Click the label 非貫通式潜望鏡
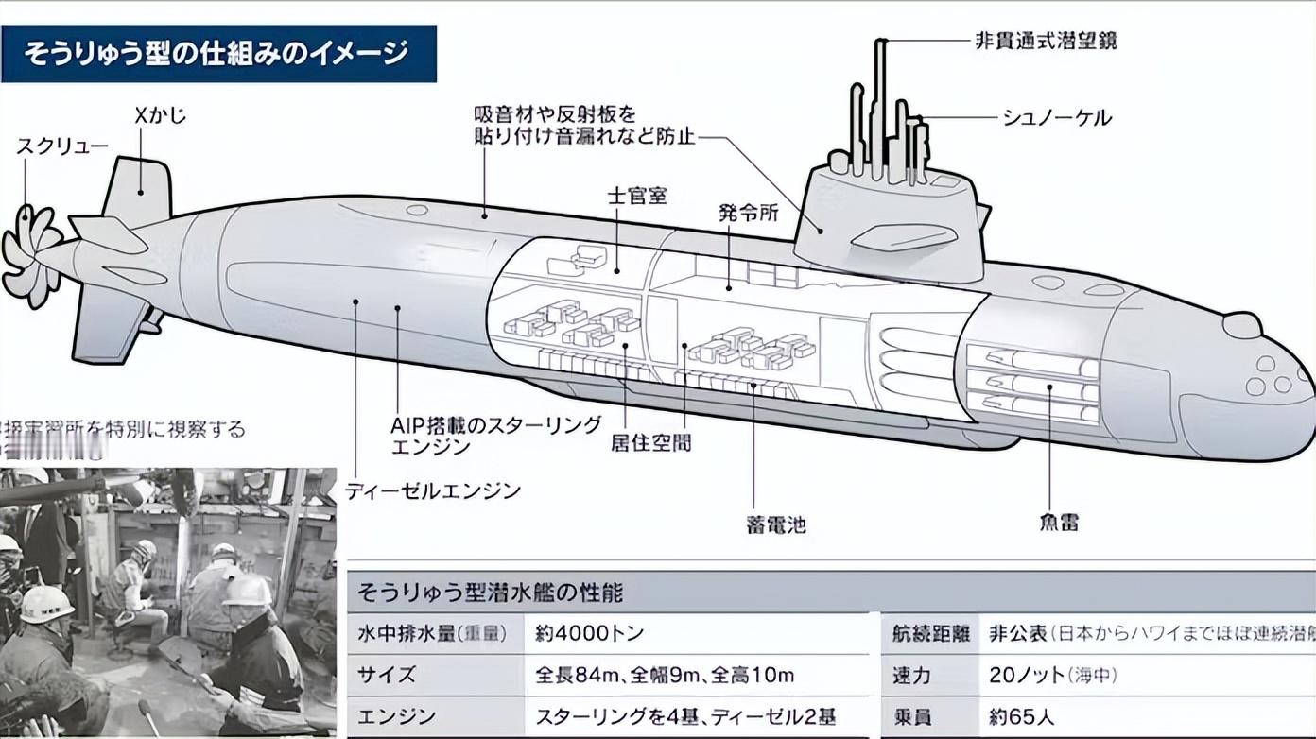tap(1045, 42)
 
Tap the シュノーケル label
tap(1056, 118)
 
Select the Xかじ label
tap(161, 116)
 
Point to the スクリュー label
tap(62, 146)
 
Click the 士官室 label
tap(637, 196)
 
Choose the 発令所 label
tap(749, 213)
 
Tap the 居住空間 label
tap(650, 442)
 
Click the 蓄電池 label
tap(776, 525)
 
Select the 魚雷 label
tap(1057, 522)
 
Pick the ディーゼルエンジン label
tap(433, 491)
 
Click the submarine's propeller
tap(30, 256)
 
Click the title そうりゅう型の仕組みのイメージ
tap(216, 53)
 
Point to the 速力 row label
tap(911, 676)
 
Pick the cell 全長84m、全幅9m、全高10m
tap(665, 676)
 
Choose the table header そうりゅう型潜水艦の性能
tap(490, 593)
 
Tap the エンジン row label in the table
tap(396, 717)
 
